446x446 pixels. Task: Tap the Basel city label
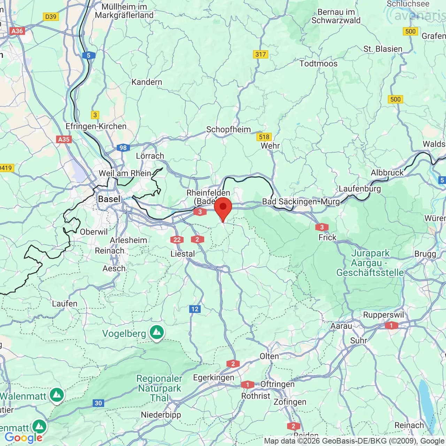point(109,199)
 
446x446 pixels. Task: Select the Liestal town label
point(182,254)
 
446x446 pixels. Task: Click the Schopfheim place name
point(228,129)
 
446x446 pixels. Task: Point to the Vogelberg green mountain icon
point(157,333)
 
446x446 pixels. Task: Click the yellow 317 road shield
point(260,54)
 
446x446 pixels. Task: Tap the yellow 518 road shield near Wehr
point(264,137)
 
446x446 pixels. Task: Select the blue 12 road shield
point(195,309)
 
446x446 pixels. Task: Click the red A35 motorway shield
point(63,139)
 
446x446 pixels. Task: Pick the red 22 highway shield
point(177,239)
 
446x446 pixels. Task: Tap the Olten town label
point(269,356)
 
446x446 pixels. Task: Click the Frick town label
point(327,237)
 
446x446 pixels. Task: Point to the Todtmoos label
point(318,63)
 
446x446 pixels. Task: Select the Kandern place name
point(147,82)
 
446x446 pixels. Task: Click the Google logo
point(23,438)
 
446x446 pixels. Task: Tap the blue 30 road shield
point(98,403)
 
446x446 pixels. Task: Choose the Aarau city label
point(341,326)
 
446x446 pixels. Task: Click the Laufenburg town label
point(360,189)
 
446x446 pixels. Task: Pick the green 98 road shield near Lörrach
point(123,148)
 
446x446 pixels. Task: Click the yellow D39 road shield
point(51,16)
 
